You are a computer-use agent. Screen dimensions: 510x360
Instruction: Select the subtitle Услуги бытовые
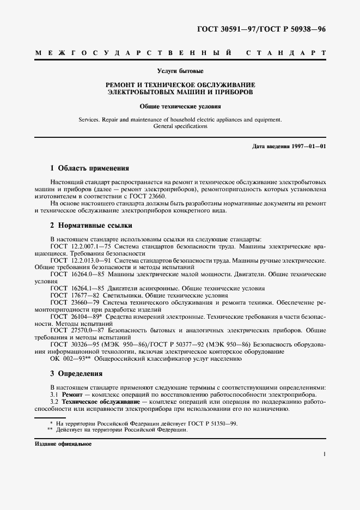[x=180, y=71]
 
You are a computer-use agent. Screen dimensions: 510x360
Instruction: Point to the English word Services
[x=91, y=118]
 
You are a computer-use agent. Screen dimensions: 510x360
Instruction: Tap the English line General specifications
[x=180, y=126]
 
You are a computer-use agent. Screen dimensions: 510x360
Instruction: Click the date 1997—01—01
[x=307, y=147]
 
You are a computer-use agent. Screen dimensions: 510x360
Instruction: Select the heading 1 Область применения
[x=89, y=169]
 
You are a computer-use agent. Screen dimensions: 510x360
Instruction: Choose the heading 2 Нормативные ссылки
[x=91, y=226]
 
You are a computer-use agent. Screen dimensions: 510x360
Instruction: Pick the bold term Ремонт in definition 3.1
[x=73, y=394]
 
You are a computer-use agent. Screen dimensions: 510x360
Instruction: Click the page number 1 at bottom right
[x=324, y=453]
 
